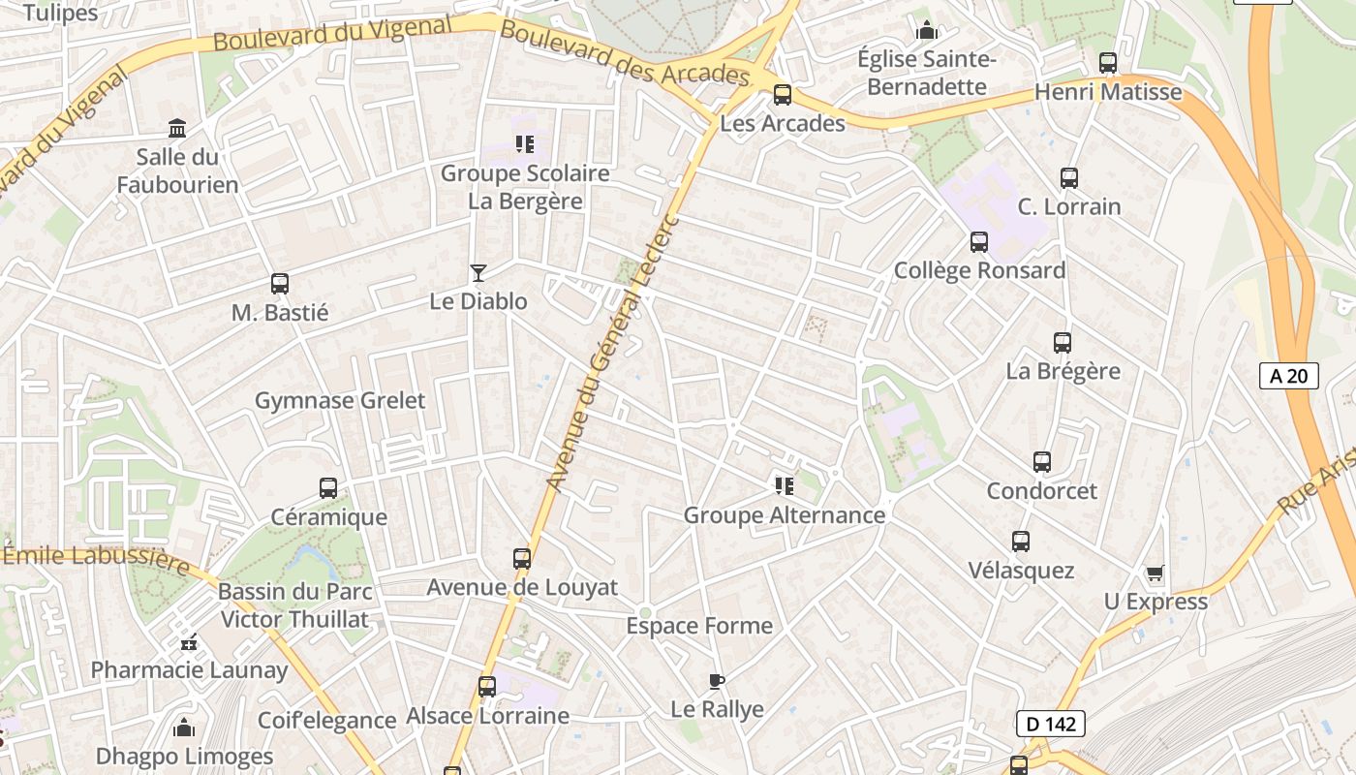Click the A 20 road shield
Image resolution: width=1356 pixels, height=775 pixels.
click(1289, 376)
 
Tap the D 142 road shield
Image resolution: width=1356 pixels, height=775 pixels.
click(1051, 724)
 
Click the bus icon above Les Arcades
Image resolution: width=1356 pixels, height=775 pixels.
click(783, 95)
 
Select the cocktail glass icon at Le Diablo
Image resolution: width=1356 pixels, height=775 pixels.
click(478, 272)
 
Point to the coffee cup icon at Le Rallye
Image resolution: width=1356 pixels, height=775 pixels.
click(716, 681)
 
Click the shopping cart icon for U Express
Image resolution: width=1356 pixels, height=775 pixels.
click(1155, 573)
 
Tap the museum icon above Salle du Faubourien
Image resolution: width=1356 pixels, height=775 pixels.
click(177, 128)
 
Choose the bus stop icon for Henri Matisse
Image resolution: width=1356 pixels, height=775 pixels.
click(1108, 64)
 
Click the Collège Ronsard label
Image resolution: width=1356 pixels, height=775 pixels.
click(979, 270)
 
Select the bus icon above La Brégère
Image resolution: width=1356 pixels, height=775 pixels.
click(1063, 342)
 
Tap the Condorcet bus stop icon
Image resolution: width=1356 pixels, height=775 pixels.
click(1042, 462)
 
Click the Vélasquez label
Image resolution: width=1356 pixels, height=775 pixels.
click(1021, 571)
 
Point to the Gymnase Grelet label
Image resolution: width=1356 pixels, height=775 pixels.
click(340, 400)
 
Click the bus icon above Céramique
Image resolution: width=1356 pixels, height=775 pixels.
click(328, 487)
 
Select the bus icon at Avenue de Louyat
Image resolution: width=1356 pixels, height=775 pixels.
click(522, 559)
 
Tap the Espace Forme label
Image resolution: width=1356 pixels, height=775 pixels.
click(699, 626)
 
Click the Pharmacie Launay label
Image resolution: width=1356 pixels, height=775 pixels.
click(189, 669)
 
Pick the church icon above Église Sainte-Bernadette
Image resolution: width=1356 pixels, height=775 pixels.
click(927, 31)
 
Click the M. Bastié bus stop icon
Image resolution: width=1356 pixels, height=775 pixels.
click(280, 284)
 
